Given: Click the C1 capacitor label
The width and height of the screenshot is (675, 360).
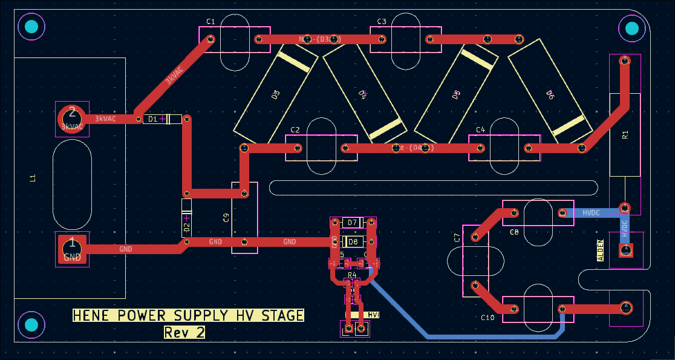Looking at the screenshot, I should click(x=210, y=22).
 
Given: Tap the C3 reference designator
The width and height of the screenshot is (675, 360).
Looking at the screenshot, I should click(x=382, y=22).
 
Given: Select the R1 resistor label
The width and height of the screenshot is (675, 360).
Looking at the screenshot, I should click(x=625, y=134).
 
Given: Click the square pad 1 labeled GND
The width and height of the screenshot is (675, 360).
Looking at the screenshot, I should click(x=72, y=249).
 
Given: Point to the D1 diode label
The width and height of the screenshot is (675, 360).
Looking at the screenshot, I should click(x=153, y=119).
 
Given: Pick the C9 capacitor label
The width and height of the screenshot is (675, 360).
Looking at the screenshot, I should click(x=226, y=218).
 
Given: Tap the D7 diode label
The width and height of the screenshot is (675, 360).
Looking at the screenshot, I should click(x=353, y=223).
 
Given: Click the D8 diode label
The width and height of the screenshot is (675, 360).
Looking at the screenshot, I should click(x=353, y=242).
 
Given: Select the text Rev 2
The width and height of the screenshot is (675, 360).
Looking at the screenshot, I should click(x=184, y=332).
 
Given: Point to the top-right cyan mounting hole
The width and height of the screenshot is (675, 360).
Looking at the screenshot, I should click(x=631, y=28).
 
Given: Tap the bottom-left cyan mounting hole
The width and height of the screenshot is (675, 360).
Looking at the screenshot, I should click(x=31, y=326).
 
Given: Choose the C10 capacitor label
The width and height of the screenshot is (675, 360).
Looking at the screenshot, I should click(x=487, y=318).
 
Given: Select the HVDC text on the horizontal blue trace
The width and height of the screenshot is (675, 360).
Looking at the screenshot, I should click(x=591, y=213).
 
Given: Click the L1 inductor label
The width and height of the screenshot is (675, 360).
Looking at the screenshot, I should click(x=33, y=178).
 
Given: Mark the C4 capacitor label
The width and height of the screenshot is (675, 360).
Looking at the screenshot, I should click(x=480, y=130).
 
